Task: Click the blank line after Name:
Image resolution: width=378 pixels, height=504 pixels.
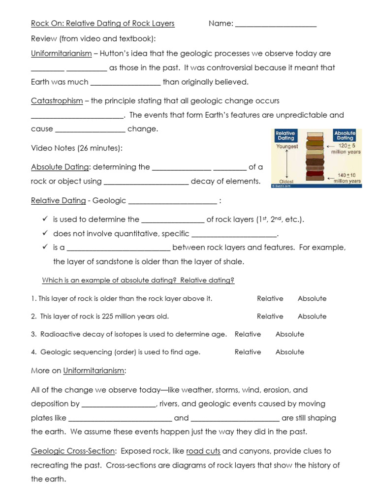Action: [276, 24]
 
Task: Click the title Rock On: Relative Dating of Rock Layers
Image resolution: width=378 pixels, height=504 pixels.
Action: [102, 24]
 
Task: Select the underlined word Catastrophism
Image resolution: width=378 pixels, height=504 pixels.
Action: [57, 101]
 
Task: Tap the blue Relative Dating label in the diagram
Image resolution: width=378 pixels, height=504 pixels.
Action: [285, 136]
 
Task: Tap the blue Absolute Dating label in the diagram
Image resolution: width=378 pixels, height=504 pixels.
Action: [345, 136]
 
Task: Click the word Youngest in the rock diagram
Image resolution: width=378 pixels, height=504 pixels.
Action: [287, 147]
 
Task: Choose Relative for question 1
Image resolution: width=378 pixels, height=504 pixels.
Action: [270, 299]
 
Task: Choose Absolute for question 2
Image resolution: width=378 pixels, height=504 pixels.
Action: [312, 316]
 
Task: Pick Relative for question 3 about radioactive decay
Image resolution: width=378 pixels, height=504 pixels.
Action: [248, 334]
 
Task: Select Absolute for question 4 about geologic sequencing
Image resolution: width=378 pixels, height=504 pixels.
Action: [289, 352]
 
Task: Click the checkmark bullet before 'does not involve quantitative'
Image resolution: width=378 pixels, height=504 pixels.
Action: [45, 233]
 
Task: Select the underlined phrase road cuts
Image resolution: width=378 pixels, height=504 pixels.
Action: [203, 451]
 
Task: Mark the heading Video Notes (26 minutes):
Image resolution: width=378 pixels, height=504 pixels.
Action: [77, 148]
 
